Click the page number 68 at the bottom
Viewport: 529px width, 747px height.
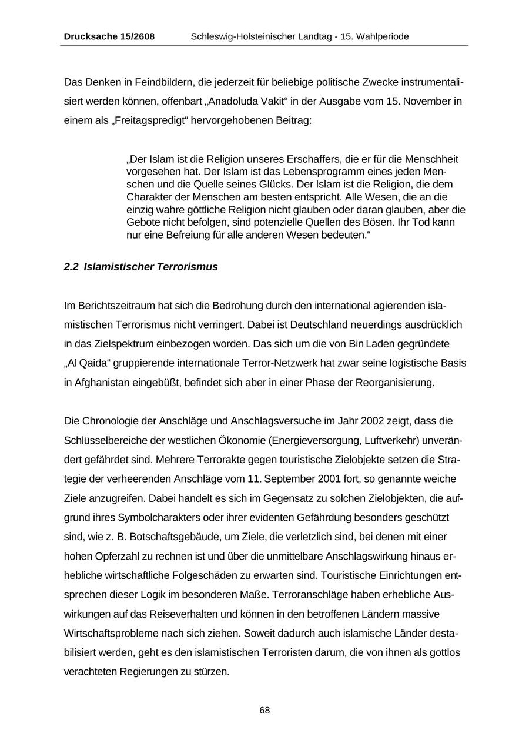(264, 711)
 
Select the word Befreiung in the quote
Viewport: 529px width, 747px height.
(183, 235)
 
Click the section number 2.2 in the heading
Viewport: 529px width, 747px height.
(71, 267)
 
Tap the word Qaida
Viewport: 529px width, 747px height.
(95, 363)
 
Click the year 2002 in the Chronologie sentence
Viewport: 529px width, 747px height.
(373, 421)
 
